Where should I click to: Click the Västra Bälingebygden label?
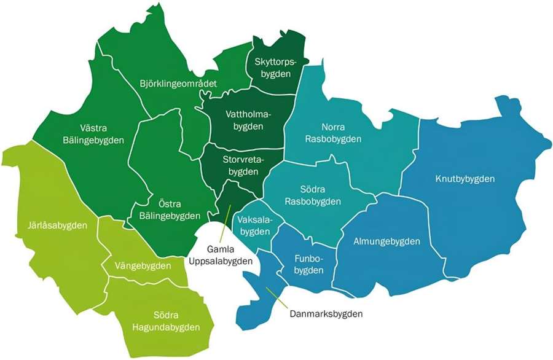tap(93, 135)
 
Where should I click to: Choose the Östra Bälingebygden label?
tap(167, 210)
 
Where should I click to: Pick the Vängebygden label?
tap(143, 266)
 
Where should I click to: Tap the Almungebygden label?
tap(387, 241)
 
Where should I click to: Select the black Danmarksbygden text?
tap(326, 314)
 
